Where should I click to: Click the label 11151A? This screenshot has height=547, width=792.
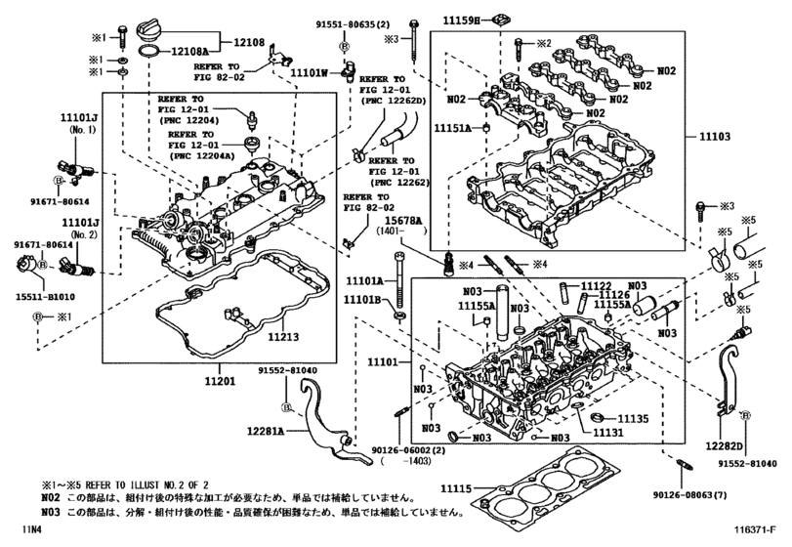click(453, 128)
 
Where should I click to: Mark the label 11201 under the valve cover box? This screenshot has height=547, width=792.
click(226, 381)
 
